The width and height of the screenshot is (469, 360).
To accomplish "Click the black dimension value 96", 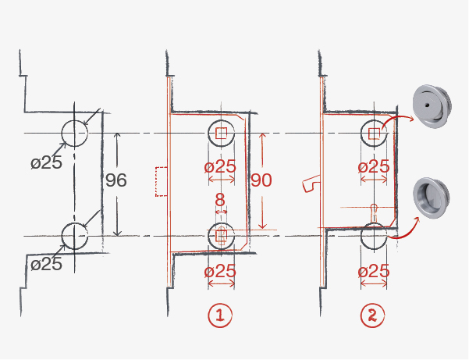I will point(115,181).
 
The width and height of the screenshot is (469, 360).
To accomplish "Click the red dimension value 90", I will point(262,180).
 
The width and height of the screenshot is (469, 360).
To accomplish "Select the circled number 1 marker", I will point(220,315).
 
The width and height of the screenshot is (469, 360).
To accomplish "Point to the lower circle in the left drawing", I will point(74,235).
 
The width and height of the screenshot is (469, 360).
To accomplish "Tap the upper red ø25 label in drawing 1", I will point(219,166).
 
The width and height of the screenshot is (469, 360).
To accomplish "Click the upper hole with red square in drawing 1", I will point(221,134).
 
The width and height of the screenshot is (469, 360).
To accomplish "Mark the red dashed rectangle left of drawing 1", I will point(162,181).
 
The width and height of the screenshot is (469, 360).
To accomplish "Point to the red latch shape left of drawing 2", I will point(310,184).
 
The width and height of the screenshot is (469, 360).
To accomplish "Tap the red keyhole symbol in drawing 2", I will point(375,209).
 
